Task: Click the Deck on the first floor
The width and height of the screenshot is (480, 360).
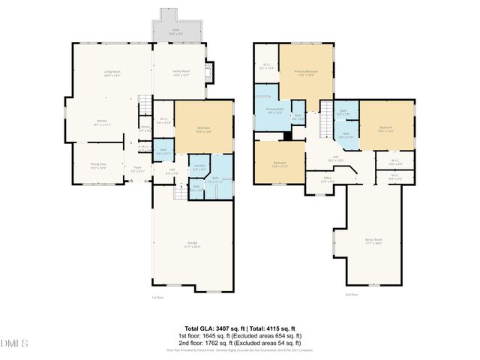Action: (177, 30)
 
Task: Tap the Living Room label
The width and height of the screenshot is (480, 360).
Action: (112, 73)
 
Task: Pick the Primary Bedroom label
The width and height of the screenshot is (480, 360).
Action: (305, 72)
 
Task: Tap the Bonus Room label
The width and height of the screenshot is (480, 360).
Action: (373, 241)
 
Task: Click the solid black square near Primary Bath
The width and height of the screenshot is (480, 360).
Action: (287, 136)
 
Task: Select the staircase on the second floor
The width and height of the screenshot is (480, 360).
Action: (325, 118)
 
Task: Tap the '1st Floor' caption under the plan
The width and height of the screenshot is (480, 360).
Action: (157, 297)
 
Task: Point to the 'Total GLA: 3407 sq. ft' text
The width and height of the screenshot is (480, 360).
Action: (211, 328)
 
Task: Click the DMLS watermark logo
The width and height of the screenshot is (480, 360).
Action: (14, 343)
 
